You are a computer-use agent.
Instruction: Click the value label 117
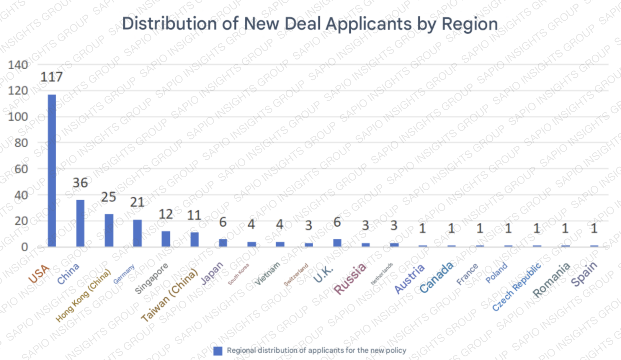click(52, 77)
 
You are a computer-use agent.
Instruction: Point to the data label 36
click(80, 183)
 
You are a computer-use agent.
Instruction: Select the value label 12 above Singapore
click(166, 214)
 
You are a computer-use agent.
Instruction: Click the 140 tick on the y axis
click(18, 65)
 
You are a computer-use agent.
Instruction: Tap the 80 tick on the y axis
click(21, 143)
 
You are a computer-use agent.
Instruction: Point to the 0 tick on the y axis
click(24, 247)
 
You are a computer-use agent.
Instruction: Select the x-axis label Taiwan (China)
click(169, 295)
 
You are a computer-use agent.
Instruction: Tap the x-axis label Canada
click(436, 277)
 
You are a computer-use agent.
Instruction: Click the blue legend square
click(218, 351)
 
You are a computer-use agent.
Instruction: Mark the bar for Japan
click(223, 243)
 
